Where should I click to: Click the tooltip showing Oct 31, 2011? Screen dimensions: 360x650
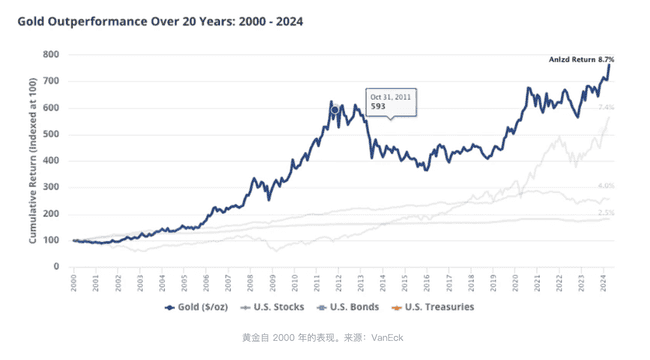(x=391, y=102)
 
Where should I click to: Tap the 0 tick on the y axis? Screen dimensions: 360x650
(x=56, y=267)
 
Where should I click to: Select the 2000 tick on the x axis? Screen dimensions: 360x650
(x=74, y=281)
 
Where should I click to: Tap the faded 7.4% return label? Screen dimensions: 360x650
(x=605, y=107)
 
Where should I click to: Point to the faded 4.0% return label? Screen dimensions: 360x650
(x=605, y=186)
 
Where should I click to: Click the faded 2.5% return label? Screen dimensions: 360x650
(x=605, y=213)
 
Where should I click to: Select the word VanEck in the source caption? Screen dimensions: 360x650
(x=387, y=337)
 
